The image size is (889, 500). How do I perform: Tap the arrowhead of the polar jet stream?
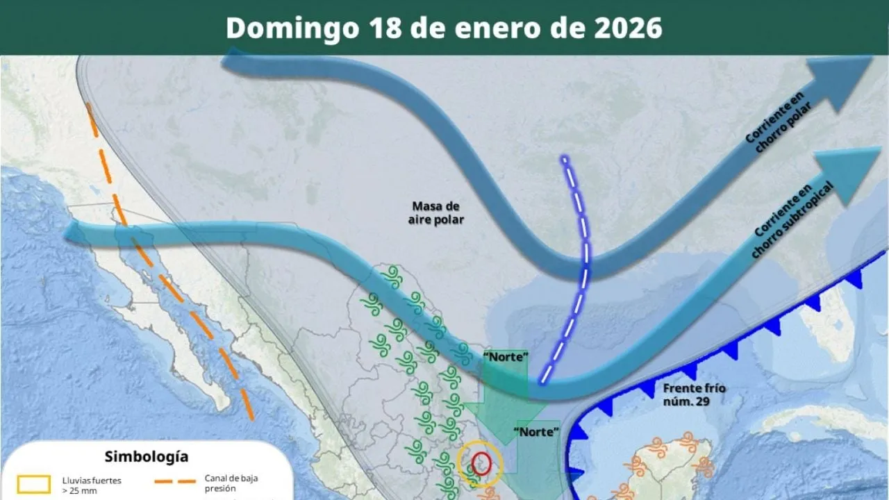pyautogui.click(x=840, y=80)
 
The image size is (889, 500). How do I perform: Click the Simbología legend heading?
pyautogui.click(x=146, y=456)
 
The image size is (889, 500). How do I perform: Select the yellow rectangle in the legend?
pyautogui.click(x=33, y=483)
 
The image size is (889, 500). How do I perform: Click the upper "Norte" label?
pyautogui.click(x=506, y=357)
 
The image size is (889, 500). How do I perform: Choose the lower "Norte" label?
pyautogui.click(x=536, y=431)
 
